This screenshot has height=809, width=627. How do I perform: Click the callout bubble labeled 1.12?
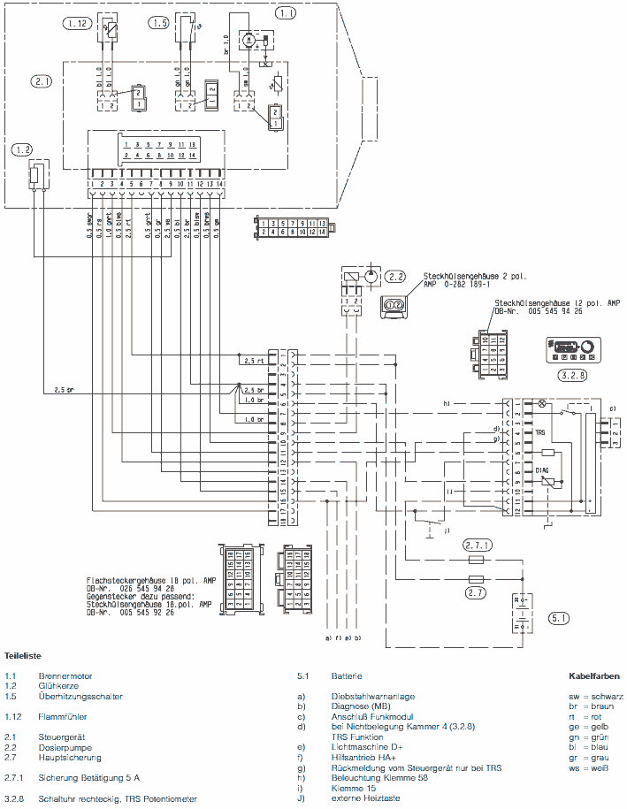(x=76, y=24)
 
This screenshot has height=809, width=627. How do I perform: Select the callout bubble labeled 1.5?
(x=159, y=24)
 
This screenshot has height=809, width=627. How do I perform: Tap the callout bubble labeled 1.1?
(x=287, y=13)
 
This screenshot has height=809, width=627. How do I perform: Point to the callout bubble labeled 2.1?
(x=42, y=81)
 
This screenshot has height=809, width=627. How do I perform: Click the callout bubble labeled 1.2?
(x=22, y=150)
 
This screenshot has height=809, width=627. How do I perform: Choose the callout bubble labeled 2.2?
(x=395, y=276)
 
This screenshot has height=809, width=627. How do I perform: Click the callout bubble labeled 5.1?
(x=560, y=618)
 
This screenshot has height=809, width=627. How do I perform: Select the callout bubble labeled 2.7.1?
(x=480, y=546)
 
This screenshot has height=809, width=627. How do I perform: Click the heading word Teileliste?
(x=24, y=657)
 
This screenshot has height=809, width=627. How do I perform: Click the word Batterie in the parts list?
(x=348, y=676)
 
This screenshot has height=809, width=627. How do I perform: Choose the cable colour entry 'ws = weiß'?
(x=592, y=768)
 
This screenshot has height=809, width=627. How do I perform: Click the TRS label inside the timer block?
(x=541, y=433)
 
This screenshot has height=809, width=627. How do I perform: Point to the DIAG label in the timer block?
(x=543, y=471)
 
